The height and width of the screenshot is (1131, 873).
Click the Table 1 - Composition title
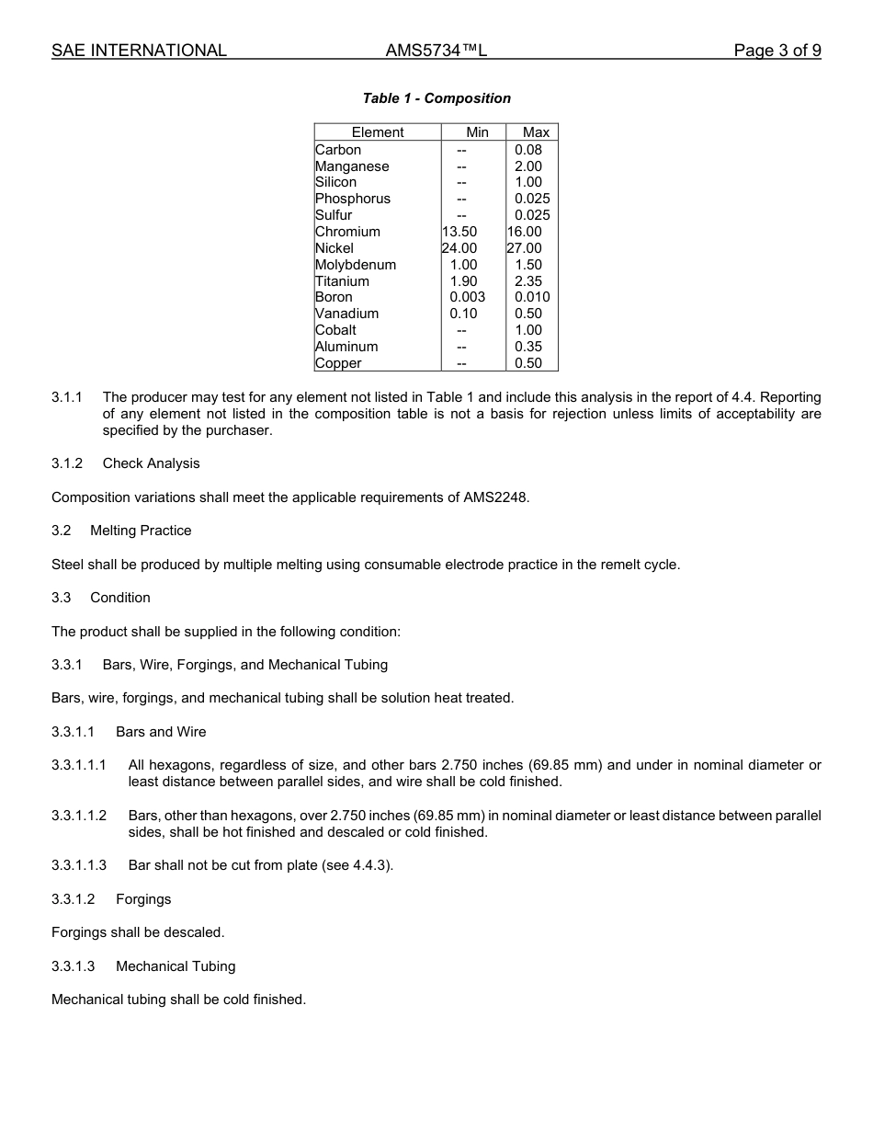pyautogui.click(x=436, y=98)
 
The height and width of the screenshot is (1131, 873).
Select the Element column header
pyautogui.click(x=377, y=132)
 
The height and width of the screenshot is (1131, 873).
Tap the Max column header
pyautogui.click(x=536, y=132)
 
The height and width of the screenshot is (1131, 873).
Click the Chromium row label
pyautogui.click(x=347, y=232)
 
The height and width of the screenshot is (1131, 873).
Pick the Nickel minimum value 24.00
pyautogui.click(x=459, y=248)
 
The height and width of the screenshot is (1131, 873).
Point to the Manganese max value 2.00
pyautogui.click(x=528, y=166)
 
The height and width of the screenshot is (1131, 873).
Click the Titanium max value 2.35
pyautogui.click(x=528, y=281)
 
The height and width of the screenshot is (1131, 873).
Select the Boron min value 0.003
pyautogui.click(x=467, y=297)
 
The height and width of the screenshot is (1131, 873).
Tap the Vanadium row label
pyautogui.click(x=346, y=314)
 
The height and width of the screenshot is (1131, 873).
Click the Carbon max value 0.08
pyautogui.click(x=528, y=150)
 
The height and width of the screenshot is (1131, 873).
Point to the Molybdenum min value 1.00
pyautogui.click(x=463, y=265)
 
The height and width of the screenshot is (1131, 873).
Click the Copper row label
pyautogui.click(x=338, y=363)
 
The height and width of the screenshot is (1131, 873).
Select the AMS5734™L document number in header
pyautogui.click(x=436, y=51)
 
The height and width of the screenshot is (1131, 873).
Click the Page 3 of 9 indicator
pyautogui.click(x=777, y=51)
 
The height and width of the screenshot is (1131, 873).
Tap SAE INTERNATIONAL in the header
pyautogui.click(x=139, y=51)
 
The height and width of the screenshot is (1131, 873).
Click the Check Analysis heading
pyautogui.click(x=151, y=463)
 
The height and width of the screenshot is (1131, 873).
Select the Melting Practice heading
pyautogui.click(x=141, y=531)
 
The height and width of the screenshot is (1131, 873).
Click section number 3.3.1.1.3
pyautogui.click(x=79, y=865)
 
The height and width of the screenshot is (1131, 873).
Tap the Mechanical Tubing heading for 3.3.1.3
pyautogui.click(x=176, y=966)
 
